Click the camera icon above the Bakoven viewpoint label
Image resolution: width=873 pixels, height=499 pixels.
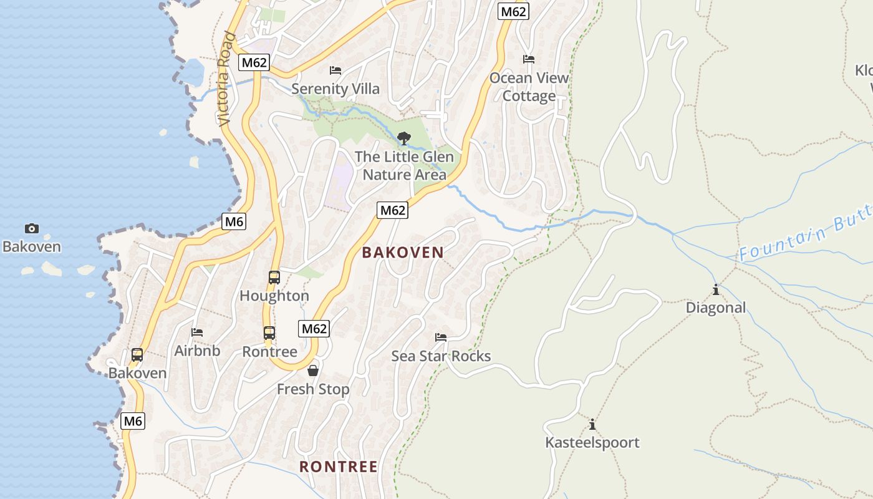[32, 229]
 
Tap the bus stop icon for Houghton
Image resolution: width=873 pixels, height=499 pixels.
[274, 278]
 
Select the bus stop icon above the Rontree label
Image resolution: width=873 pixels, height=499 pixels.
[269, 333]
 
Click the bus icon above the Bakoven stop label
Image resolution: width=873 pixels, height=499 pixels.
[137, 355]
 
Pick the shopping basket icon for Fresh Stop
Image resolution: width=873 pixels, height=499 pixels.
[313, 371]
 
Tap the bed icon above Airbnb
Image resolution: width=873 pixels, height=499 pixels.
[197, 332]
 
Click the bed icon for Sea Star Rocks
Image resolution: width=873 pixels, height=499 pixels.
[441, 337]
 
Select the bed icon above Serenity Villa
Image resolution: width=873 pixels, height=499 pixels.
[335, 70]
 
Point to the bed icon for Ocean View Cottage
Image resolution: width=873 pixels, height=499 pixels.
[529, 59]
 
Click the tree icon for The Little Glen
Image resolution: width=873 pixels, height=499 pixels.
[404, 138]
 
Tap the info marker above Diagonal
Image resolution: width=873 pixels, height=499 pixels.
[716, 289]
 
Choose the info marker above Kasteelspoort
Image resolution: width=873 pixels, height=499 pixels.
[592, 425]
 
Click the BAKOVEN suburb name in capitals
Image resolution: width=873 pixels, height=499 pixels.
[403, 253]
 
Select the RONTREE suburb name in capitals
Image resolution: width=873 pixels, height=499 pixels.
[339, 467]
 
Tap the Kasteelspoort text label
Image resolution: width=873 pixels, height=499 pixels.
[592, 443]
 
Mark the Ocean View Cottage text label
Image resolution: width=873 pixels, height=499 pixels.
[529, 87]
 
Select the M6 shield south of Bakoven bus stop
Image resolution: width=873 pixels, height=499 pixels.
[133, 421]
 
